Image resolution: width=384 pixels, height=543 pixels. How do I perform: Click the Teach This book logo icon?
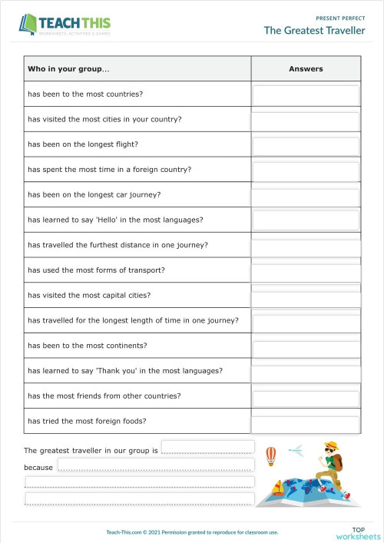point(28,24)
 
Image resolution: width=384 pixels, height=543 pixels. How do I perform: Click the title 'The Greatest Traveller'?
point(314,31)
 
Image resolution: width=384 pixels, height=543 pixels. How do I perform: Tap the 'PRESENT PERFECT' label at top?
point(340,17)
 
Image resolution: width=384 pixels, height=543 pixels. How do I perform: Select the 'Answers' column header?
point(306,69)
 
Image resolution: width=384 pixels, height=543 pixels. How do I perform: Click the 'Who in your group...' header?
point(68,69)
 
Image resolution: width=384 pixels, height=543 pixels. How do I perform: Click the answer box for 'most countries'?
point(306,94)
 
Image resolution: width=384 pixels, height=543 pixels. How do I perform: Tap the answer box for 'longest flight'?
point(306,145)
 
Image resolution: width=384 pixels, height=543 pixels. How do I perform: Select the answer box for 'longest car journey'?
point(306,196)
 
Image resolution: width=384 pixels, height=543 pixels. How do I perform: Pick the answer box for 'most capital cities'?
point(306,296)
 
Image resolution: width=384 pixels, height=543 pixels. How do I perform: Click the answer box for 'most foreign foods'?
point(306,423)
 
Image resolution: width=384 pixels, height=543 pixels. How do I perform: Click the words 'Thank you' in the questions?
point(118,371)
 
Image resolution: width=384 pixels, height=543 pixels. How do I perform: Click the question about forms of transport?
point(96,270)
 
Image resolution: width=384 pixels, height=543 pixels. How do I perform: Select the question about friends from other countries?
point(104,396)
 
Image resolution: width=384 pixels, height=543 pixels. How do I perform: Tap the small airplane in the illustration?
point(295,451)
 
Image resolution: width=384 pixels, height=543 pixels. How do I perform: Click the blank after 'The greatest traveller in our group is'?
point(207,448)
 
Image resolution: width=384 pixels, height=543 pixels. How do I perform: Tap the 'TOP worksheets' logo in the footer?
point(357,532)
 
